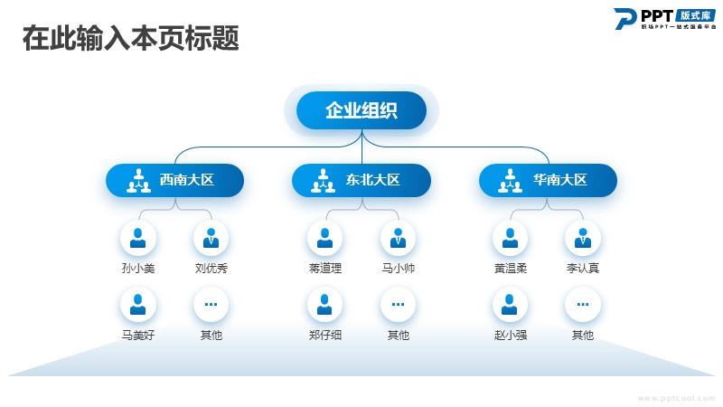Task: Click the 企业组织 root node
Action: click(x=361, y=110)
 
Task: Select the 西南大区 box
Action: click(x=174, y=180)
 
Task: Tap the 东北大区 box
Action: click(x=361, y=180)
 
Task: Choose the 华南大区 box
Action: click(x=548, y=180)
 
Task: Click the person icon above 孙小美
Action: click(x=137, y=238)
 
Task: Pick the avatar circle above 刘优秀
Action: click(x=211, y=238)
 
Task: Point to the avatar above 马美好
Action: click(x=137, y=305)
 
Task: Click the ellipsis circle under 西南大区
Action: click(x=211, y=305)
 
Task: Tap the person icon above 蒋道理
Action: click(x=324, y=238)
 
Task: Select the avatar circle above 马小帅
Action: click(x=398, y=238)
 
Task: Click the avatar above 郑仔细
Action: click(x=324, y=305)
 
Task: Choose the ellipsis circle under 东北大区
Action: click(x=398, y=305)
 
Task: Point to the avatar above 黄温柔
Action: click(x=510, y=238)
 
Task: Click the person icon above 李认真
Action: click(x=583, y=238)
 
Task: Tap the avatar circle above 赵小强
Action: click(x=510, y=305)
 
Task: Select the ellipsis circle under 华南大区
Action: click(x=583, y=305)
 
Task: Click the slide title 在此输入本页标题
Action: click(x=130, y=39)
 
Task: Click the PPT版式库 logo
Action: click(x=664, y=19)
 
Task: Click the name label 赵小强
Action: click(x=510, y=336)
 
